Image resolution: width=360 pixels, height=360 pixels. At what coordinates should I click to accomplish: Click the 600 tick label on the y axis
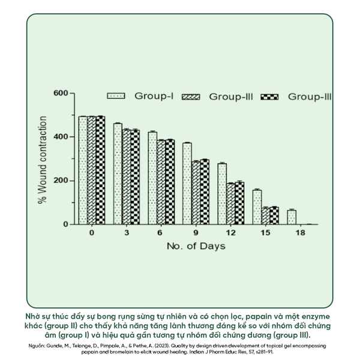point(60,94)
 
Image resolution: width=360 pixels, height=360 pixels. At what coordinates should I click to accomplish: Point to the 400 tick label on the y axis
point(60,137)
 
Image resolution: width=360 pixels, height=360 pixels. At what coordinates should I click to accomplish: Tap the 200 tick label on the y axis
point(60,181)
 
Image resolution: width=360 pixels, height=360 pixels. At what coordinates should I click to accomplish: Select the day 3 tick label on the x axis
point(126,232)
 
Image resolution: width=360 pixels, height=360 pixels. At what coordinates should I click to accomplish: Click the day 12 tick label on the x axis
point(230,232)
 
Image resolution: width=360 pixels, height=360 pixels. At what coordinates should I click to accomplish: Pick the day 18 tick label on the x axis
point(300,232)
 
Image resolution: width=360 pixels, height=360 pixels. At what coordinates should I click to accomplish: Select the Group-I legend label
point(154,95)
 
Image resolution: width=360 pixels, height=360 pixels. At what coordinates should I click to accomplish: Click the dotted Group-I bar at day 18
point(292,217)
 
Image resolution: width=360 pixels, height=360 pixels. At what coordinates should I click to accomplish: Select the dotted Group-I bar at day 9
point(187,184)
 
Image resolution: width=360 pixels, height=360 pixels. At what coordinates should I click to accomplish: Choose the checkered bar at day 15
point(274,216)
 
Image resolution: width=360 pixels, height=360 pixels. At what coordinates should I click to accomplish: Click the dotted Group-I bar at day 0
point(83,170)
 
